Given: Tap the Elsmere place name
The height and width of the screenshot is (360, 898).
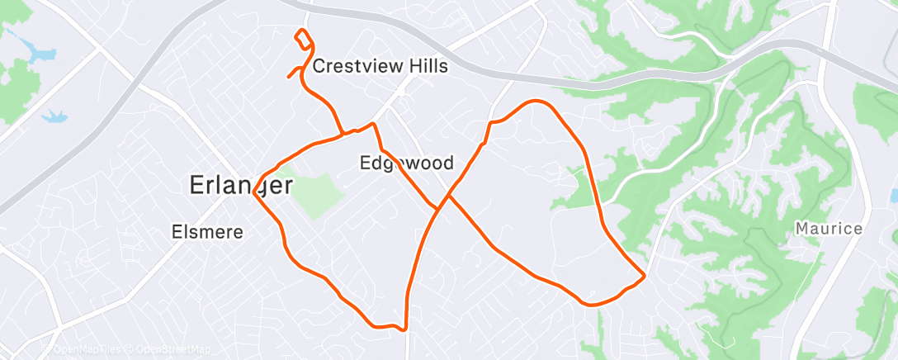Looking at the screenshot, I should click(207, 232).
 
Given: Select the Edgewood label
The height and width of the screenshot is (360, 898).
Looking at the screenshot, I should click(407, 163).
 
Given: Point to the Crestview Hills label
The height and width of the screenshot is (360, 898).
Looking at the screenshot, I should click(380, 66).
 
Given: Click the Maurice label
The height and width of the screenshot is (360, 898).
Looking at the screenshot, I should click(829, 228).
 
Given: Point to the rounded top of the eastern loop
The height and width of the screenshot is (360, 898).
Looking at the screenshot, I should click(538, 102).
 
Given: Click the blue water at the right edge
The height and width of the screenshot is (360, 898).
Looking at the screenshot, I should click(894, 197).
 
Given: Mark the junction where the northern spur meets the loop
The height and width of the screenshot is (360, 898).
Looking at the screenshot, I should click(343, 134).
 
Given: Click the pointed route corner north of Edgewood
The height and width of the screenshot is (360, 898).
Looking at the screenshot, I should click(374, 125).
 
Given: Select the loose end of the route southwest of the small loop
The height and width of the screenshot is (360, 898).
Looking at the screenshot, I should click(288, 78).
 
